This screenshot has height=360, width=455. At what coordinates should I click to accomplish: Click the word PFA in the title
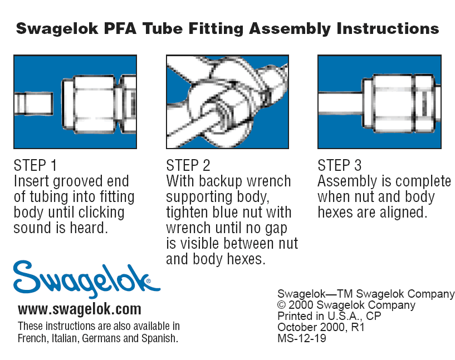120,28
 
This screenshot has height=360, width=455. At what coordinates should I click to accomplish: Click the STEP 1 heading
35,165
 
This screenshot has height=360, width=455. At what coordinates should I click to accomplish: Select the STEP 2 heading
188,165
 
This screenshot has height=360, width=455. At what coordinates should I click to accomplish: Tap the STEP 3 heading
340,165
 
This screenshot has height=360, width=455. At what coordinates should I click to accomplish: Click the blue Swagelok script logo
86,279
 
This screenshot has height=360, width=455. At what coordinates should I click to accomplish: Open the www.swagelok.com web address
80,309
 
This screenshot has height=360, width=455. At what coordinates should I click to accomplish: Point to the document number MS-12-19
302,338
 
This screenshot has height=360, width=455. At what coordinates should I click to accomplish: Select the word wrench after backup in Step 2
268,181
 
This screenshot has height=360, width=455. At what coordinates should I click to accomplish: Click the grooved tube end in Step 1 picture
34,103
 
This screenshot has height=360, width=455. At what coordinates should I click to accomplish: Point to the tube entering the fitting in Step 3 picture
340,102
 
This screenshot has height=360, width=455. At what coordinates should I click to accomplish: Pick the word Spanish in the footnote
160,338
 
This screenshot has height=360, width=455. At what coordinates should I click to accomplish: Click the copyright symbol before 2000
281,305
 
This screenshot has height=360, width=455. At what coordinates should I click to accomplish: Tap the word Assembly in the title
290,29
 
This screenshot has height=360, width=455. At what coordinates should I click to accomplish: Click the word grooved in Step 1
78,182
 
